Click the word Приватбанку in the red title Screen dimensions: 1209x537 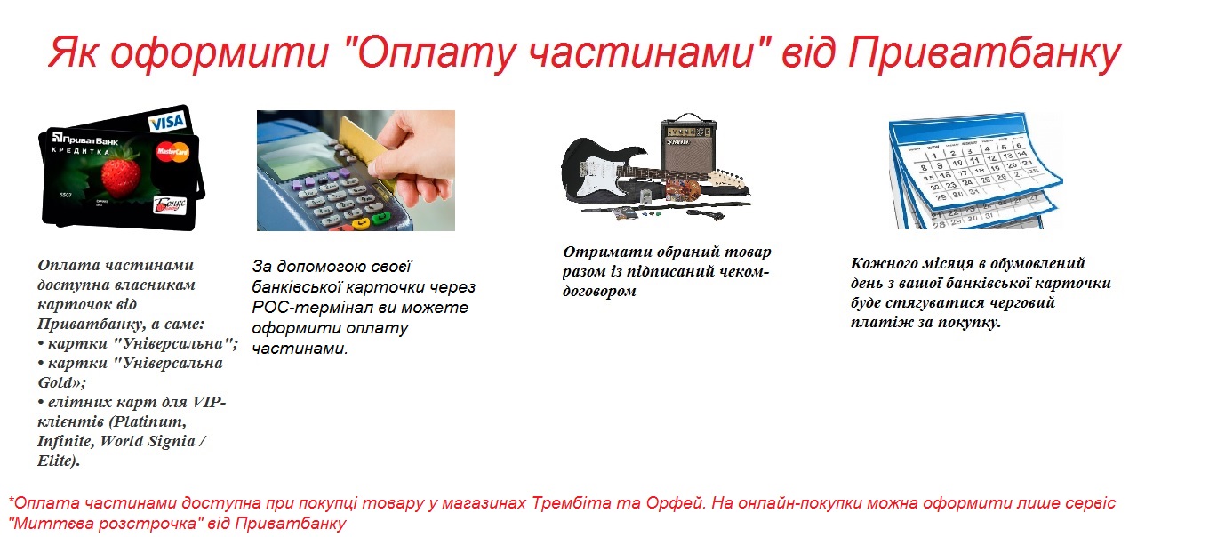point(984,53)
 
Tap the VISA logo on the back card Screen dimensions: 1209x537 point(168,123)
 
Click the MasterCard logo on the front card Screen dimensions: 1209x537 point(172,152)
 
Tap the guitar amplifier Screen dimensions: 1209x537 point(689,145)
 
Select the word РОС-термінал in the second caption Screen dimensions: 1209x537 point(313,308)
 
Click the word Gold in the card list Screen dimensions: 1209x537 point(55,382)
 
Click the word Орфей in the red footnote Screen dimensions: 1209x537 point(678,503)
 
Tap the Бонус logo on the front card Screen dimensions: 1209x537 point(171,204)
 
